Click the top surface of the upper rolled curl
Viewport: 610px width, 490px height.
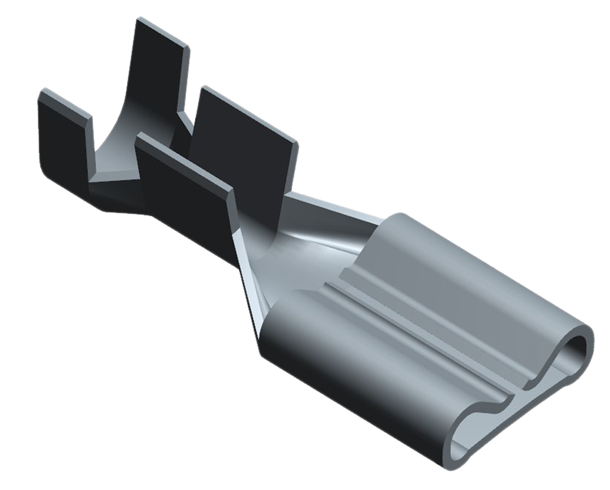[x=457, y=285]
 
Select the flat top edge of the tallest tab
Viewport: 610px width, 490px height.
[x=163, y=33]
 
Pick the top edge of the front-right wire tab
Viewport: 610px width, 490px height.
[x=249, y=114]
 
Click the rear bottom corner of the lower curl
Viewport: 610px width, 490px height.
[x=264, y=351]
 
